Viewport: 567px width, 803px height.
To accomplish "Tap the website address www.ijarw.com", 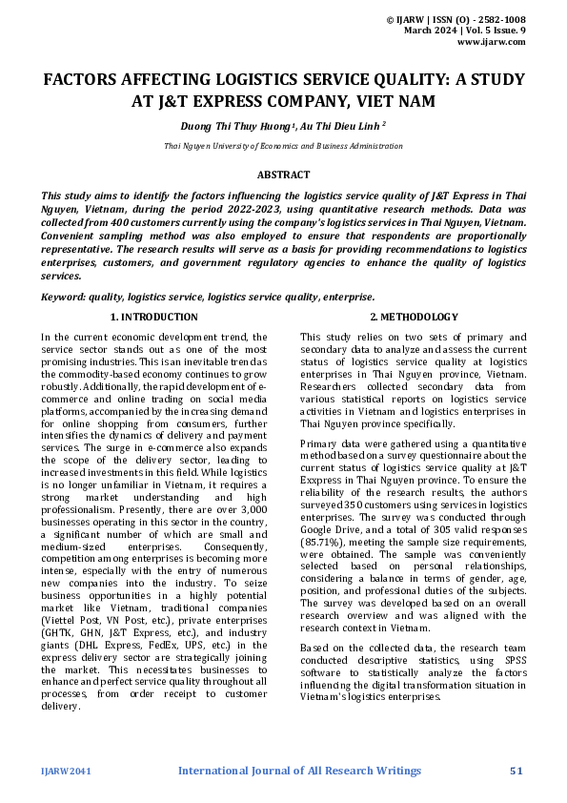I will click(492, 42).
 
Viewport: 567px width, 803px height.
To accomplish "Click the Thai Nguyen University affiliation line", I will click(283, 146).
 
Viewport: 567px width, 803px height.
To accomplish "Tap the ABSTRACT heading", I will click(283, 175).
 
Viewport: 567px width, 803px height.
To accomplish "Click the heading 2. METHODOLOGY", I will click(414, 317).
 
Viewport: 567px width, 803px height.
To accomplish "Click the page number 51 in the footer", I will click(517, 770).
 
